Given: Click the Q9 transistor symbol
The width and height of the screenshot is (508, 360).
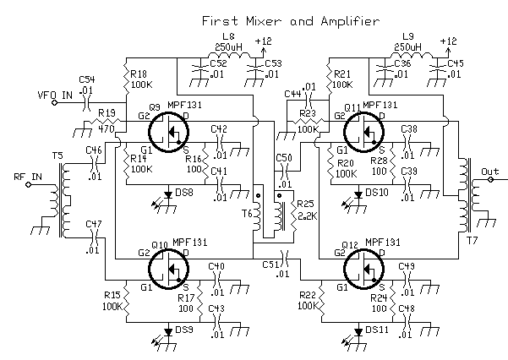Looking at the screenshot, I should tap(171, 131).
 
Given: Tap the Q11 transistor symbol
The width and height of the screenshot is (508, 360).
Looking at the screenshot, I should tap(365, 131).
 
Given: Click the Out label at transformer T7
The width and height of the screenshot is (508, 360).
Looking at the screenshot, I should tap(490, 171).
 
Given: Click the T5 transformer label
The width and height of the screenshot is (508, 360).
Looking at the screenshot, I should tap(57, 155).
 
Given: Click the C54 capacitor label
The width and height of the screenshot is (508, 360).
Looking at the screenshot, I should tap(88, 79).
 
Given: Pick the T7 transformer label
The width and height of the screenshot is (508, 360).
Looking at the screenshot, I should tap(471, 239).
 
